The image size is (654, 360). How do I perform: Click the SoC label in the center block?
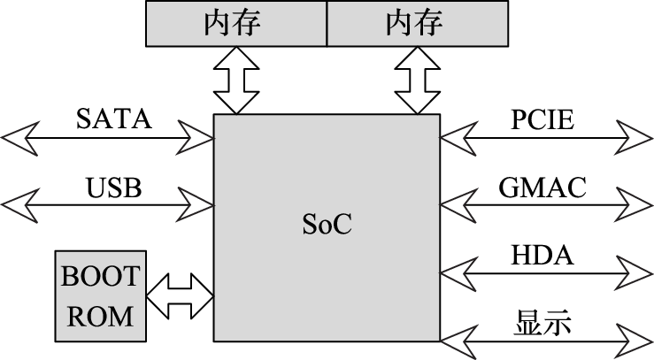tap(327, 225)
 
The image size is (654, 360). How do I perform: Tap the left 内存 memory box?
tap(235, 23)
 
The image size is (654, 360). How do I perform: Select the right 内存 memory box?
tap(416, 23)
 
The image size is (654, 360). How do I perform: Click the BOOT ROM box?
tap(99, 295)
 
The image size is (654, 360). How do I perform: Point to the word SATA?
tap(113, 119)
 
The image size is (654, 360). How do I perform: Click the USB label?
tap(114, 188)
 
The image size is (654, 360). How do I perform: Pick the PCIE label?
tap(542, 119)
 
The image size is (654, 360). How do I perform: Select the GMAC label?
tap(542, 188)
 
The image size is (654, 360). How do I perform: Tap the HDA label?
tap(542, 257)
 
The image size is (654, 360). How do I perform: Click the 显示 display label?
tap(542, 324)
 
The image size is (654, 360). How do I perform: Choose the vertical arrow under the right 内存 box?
tap(417, 80)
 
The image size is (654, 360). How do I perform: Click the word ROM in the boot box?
tap(99, 316)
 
